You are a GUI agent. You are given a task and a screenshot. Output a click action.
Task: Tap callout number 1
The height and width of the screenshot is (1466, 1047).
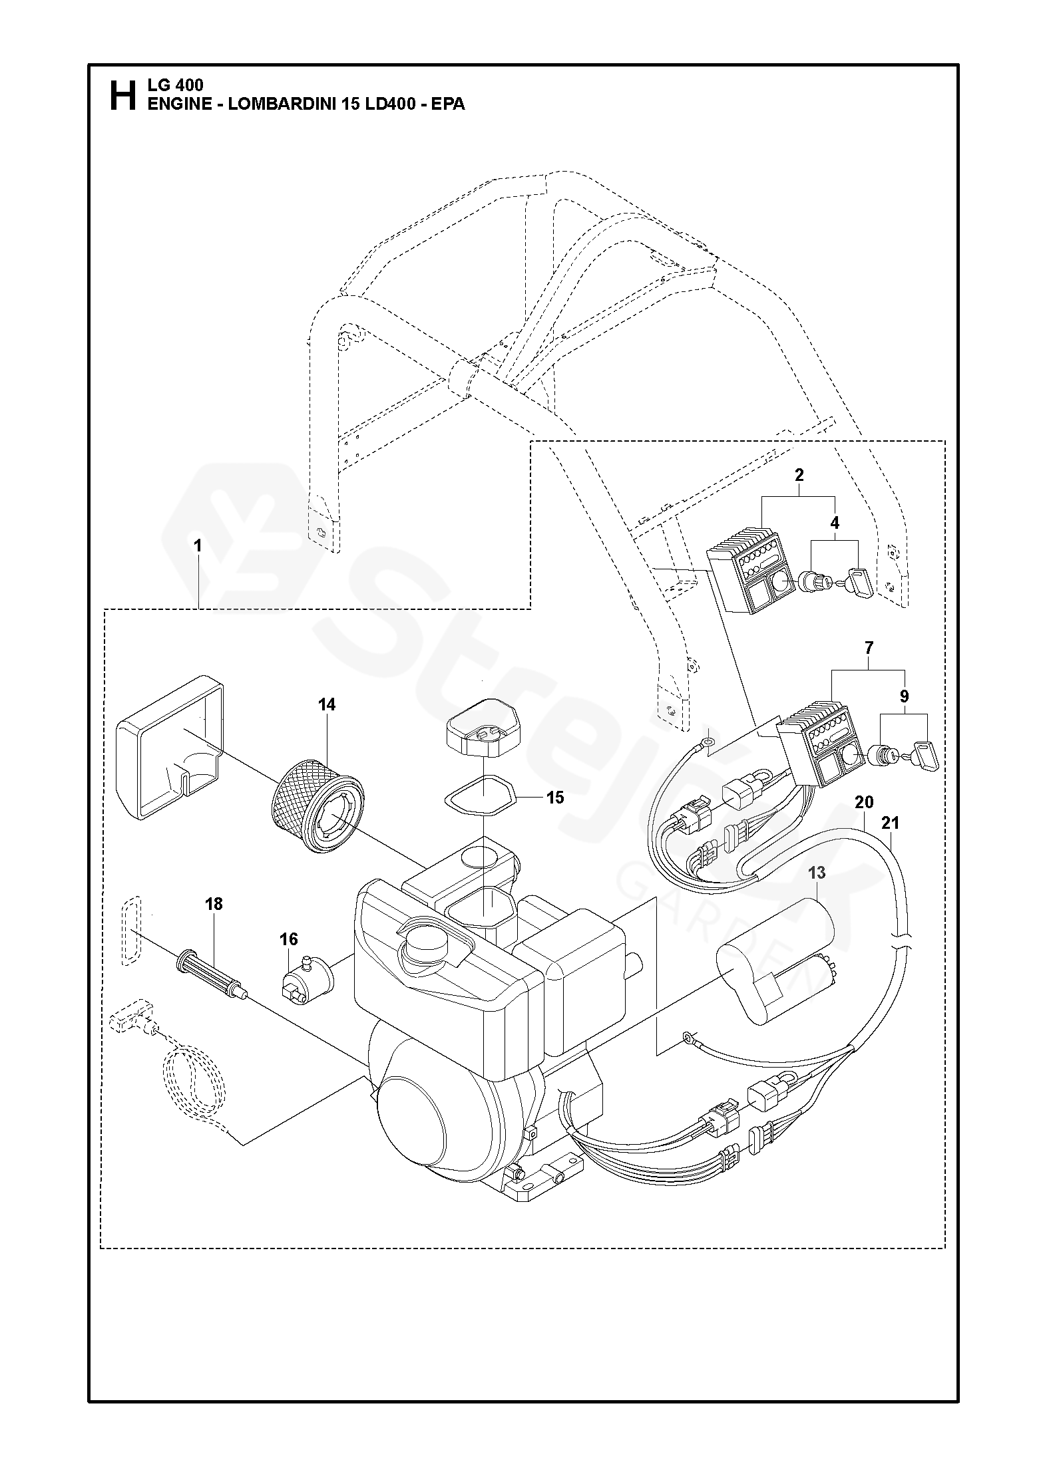(x=198, y=545)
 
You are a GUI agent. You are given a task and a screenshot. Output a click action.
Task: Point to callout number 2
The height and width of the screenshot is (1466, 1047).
(x=799, y=475)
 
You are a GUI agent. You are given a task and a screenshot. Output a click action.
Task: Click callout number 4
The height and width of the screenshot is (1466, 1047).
(x=835, y=523)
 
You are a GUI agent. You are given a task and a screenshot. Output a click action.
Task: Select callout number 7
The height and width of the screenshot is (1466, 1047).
(x=869, y=647)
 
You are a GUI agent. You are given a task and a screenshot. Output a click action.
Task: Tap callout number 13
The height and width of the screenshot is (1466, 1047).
(x=817, y=872)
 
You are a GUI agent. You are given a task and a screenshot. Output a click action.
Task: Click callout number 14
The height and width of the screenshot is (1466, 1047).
(x=326, y=704)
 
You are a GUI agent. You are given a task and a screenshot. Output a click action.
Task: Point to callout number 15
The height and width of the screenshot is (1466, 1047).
(x=554, y=797)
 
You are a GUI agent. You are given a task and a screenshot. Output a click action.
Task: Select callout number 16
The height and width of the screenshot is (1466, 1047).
(x=288, y=939)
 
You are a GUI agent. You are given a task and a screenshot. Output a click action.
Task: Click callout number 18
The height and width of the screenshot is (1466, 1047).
(x=214, y=904)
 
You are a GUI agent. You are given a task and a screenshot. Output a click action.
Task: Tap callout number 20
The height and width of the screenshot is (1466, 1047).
(x=864, y=802)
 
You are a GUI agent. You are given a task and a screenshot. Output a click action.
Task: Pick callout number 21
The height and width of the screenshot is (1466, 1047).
(x=890, y=823)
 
